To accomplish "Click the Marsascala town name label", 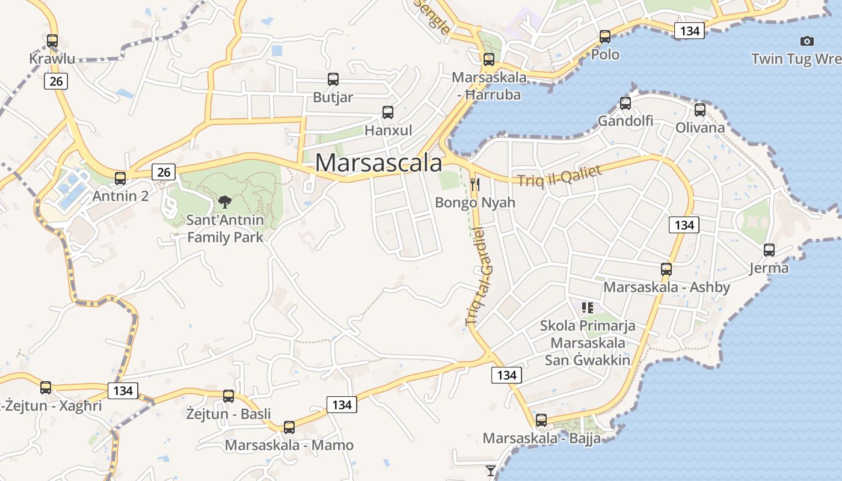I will pos(378,163).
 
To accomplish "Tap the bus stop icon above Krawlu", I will pos(52,41).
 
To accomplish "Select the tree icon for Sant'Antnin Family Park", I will pos(225,202).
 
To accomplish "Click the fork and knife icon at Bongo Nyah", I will pos(475,184).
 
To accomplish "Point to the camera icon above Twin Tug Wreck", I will pos(807,41).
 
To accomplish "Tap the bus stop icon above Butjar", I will pos(333,79).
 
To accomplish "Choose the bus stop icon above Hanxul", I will pos(388,112).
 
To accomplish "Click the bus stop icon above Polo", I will pos(605,37).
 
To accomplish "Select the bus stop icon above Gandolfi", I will pos(625,103).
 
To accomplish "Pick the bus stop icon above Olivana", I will pos(699,110).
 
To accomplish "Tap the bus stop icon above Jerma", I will pos(769,250).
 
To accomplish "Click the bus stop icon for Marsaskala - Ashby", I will pos(666,269).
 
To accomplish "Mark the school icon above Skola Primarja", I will pos(588,308).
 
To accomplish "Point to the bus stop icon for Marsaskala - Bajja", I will pos(541,420).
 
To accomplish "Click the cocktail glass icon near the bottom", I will pos(491,470).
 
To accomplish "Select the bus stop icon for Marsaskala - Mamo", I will pos(289,427).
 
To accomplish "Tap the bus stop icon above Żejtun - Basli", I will pos(229,396).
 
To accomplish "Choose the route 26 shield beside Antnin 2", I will pos(164,173).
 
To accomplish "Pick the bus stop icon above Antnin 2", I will pos(120,179).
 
